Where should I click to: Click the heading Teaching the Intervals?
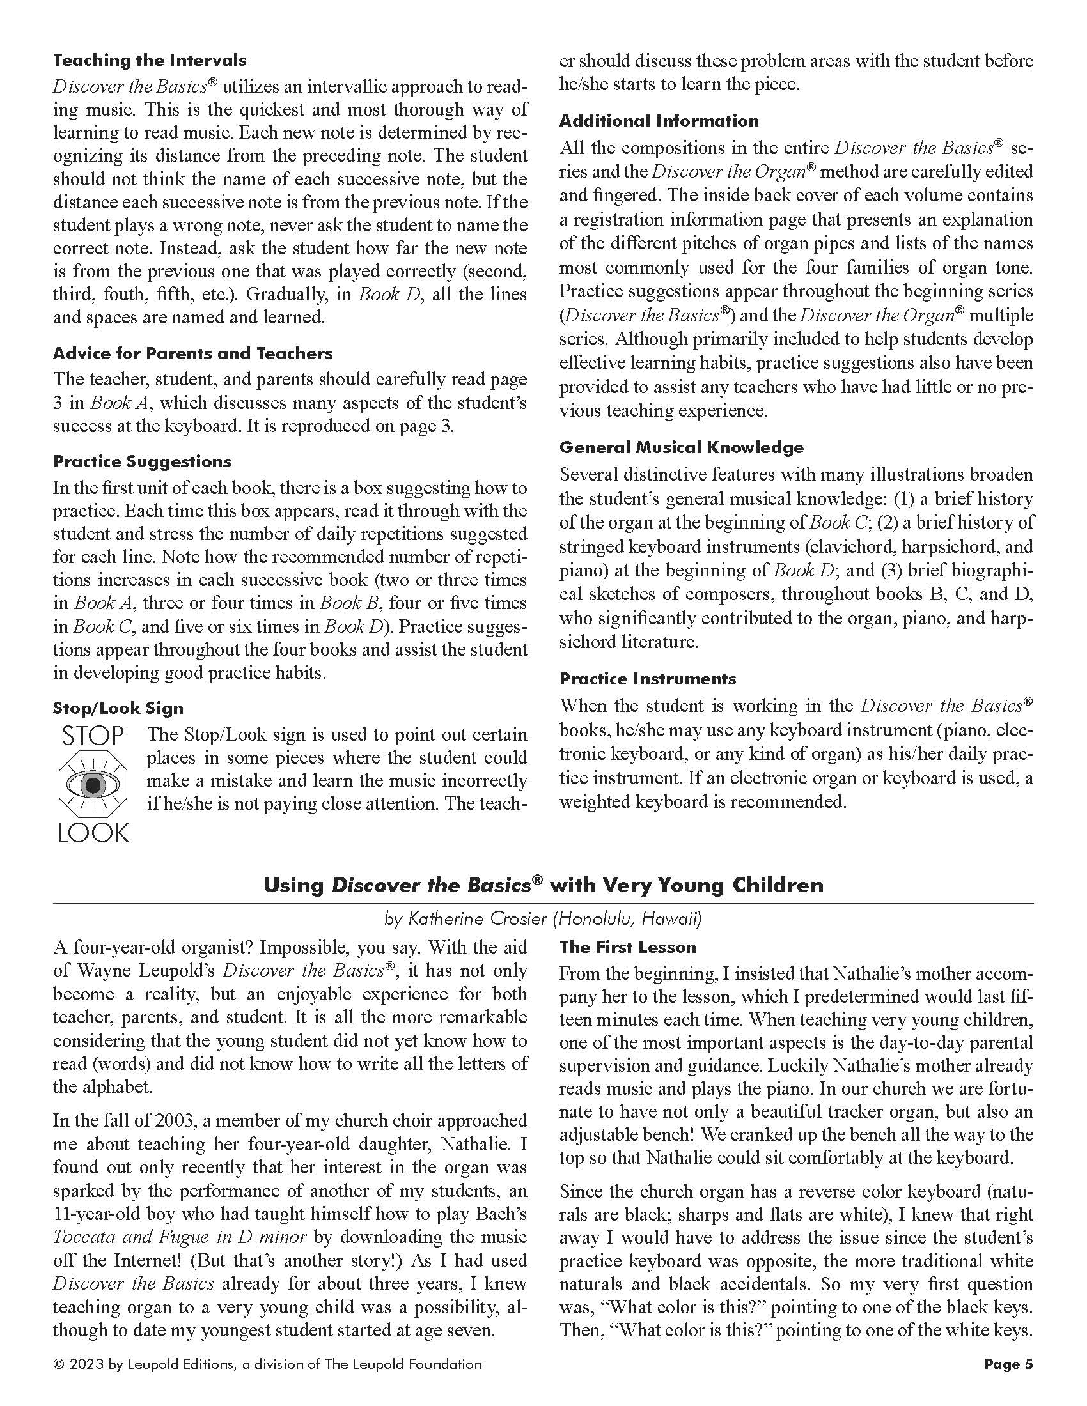pos(150,61)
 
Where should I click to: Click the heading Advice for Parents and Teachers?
pos(192,353)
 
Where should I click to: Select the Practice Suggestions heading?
pos(142,461)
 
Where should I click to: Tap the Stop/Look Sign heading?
pos(118,708)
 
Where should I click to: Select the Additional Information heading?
pos(659,121)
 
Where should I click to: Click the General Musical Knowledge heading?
pos(682,447)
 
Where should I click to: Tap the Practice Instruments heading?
pos(647,679)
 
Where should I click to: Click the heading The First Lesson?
pos(627,947)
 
